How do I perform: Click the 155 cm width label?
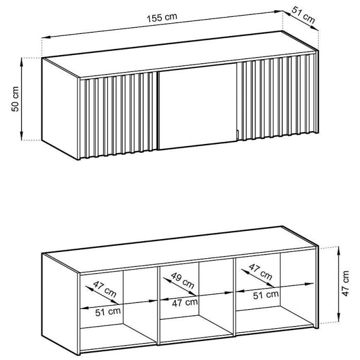(162, 17)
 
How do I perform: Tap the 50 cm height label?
(15, 99)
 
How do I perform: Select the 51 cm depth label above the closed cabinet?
(303, 15)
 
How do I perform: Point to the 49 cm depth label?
(183, 281)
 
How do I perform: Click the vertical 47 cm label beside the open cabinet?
(345, 283)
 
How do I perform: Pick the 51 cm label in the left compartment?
(108, 312)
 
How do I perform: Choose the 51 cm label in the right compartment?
(266, 295)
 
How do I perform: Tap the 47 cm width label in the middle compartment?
(185, 302)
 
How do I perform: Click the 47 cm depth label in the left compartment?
(105, 289)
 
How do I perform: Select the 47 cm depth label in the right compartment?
(260, 272)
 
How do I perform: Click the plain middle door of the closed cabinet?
(198, 106)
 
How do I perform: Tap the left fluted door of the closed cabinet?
(118, 116)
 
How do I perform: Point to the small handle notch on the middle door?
(238, 135)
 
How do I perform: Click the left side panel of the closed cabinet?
(60, 108)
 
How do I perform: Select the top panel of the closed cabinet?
(180, 54)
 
